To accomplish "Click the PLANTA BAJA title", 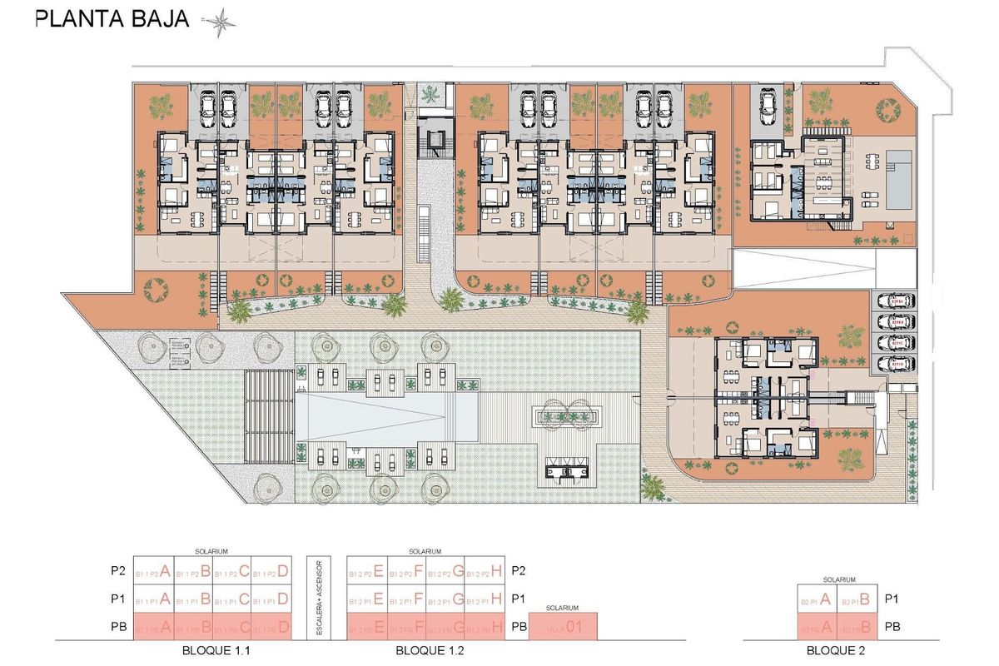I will coord(112,19).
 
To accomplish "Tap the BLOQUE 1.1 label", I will coord(213,651).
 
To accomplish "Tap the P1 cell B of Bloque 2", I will coord(857,599).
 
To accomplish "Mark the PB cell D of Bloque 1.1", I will coord(271,627).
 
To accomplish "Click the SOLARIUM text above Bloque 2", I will coord(839,579).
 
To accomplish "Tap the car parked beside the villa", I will coord(767,106).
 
